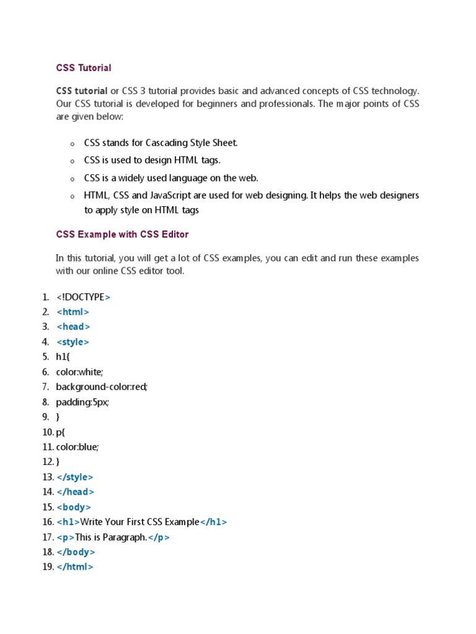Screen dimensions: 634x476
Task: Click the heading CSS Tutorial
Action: point(84,67)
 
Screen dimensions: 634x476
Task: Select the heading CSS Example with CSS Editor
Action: point(122,235)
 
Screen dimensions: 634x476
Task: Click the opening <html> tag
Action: point(73,312)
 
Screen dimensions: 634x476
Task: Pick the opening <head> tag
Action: point(73,327)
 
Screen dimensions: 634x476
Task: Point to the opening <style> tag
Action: point(73,342)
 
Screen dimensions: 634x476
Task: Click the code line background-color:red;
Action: point(102,387)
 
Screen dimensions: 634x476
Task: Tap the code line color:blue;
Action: point(77,447)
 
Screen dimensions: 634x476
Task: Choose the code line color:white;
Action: point(79,372)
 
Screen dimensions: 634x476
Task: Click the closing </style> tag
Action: point(74,477)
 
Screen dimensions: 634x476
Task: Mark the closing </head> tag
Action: point(75,492)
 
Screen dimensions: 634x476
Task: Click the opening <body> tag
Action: point(74,507)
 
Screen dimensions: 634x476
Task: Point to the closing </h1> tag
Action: point(213,522)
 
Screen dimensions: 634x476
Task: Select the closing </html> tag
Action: point(74,567)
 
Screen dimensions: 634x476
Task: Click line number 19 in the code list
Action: point(47,567)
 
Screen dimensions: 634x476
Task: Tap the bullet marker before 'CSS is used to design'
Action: point(73,161)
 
